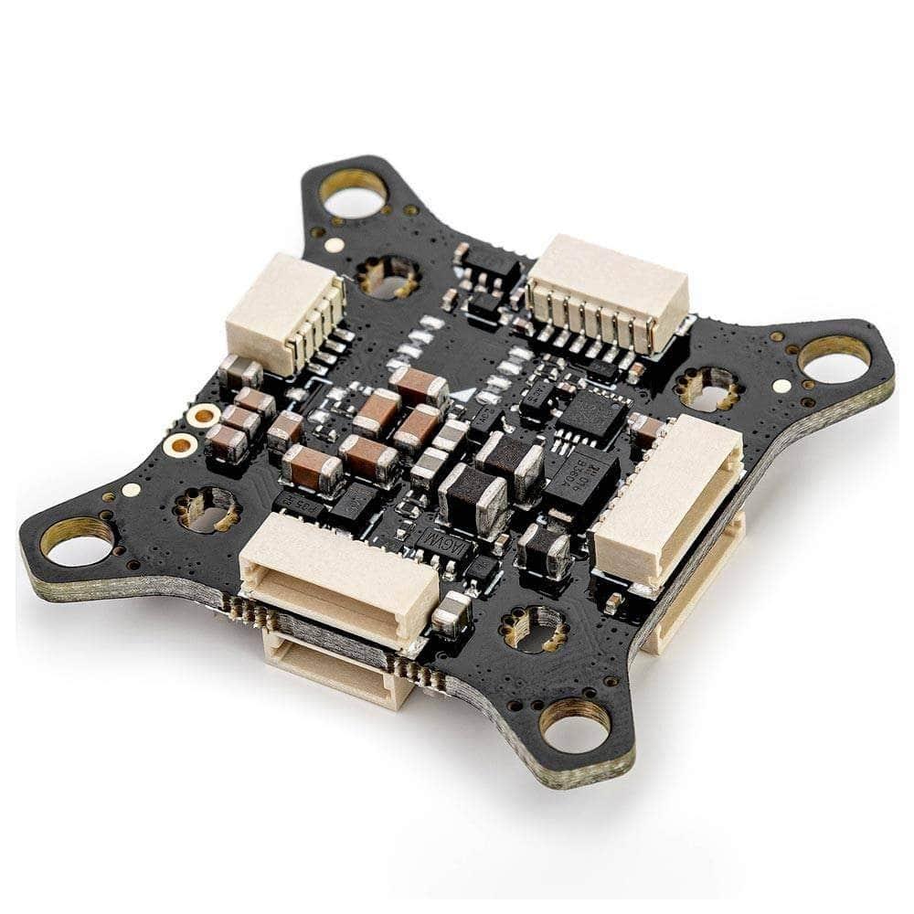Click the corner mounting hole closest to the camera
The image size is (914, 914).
(574, 728)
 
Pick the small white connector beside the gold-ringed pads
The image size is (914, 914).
(283, 313)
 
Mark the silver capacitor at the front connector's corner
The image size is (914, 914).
(452, 613)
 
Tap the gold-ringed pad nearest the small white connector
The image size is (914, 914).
(202, 416)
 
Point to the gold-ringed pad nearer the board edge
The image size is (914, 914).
(181, 445)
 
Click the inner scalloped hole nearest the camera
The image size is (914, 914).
(534, 629)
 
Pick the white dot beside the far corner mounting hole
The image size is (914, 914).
(335, 245)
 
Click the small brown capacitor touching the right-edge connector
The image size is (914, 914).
(648, 430)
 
